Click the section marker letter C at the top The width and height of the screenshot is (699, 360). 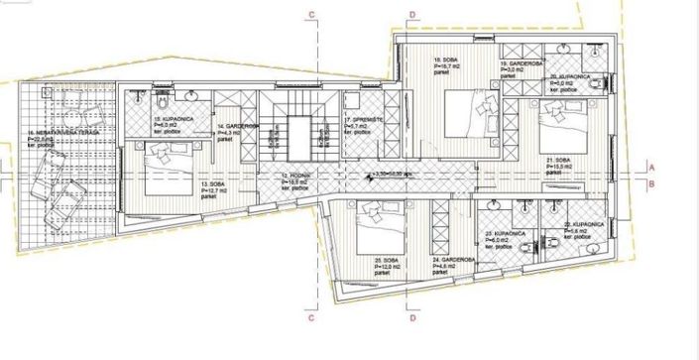pyautogui.click(x=311, y=14)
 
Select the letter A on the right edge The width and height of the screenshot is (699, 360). pyautogui.click(x=651, y=166)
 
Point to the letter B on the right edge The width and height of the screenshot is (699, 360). pyautogui.click(x=651, y=184)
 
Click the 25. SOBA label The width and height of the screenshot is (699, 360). pyautogui.click(x=386, y=262)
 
